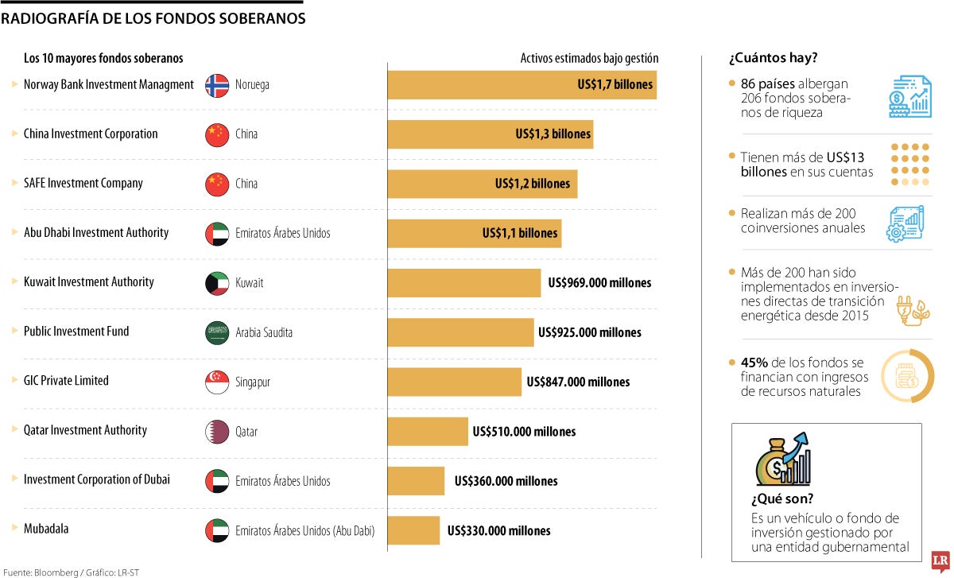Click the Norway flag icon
(x=217, y=85)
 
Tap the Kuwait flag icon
(x=217, y=282)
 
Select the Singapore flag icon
(x=217, y=382)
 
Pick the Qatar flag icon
(x=217, y=432)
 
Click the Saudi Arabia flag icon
(x=217, y=332)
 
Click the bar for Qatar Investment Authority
(x=428, y=432)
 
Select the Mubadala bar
(x=413, y=530)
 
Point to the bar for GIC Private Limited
(x=454, y=382)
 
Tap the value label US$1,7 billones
(x=615, y=84)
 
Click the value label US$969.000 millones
(x=599, y=282)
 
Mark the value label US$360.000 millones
(x=506, y=481)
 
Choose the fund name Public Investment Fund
(x=76, y=332)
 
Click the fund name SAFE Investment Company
(x=83, y=183)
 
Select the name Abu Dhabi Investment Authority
(x=96, y=233)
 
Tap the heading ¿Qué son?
(x=781, y=499)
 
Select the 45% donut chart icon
(x=907, y=375)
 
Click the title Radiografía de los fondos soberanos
(x=153, y=19)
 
